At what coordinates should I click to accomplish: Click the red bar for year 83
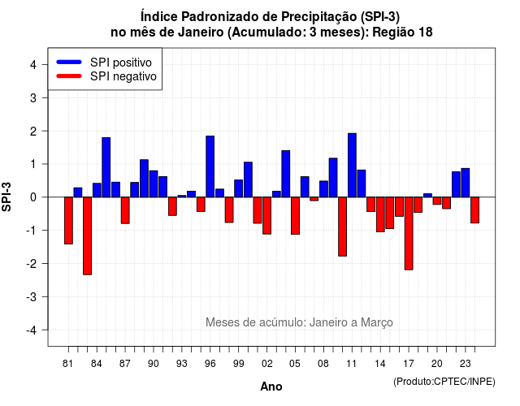tap(87, 235)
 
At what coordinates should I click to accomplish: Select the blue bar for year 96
tap(210, 166)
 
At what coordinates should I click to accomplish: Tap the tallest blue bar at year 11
tap(352, 165)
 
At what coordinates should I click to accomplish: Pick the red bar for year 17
tap(409, 233)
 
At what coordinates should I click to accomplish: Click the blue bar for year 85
tap(106, 167)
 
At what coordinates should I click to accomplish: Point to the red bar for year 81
tap(68, 220)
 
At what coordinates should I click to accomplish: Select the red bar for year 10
tap(343, 227)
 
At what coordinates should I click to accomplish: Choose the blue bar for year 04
tap(286, 174)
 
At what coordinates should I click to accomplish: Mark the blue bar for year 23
tap(466, 183)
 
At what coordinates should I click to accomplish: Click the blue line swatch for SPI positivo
tap(69, 62)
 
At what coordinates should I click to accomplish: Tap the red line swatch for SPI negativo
tap(69, 76)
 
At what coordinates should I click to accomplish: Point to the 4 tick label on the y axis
tap(33, 64)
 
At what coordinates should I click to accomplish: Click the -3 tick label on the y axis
tap(32, 296)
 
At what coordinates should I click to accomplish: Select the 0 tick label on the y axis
tap(33, 197)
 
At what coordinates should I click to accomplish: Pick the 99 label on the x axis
tap(238, 364)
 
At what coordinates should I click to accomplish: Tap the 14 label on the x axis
tap(380, 364)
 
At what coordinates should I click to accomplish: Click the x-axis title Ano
tap(271, 387)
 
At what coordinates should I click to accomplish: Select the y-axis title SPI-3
tap(6, 197)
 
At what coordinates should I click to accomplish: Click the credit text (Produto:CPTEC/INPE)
tap(444, 382)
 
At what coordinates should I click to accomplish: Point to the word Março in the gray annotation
tap(377, 322)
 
